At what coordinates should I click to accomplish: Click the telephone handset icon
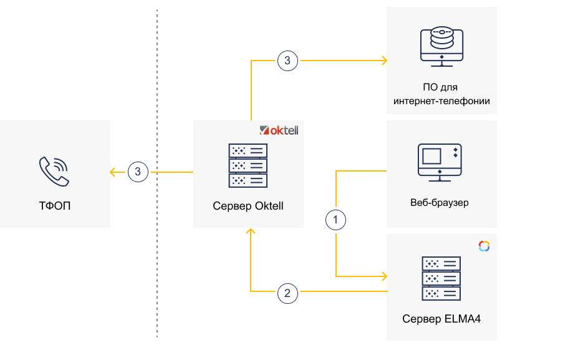54,171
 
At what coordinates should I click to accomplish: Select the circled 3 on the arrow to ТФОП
138,172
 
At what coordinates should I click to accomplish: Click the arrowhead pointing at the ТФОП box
113,172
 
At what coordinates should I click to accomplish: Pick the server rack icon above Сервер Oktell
248,165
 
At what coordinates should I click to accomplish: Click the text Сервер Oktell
248,206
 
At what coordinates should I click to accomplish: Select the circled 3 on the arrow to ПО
287,61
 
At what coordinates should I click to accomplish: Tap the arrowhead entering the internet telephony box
384,61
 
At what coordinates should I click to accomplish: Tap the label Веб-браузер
440,203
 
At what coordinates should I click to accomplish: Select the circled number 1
336,219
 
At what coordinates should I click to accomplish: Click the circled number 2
287,292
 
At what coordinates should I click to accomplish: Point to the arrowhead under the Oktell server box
251,232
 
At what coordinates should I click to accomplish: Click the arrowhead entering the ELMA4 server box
383,276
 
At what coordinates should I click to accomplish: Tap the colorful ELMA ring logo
484,246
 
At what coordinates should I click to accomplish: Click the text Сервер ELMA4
441,319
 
